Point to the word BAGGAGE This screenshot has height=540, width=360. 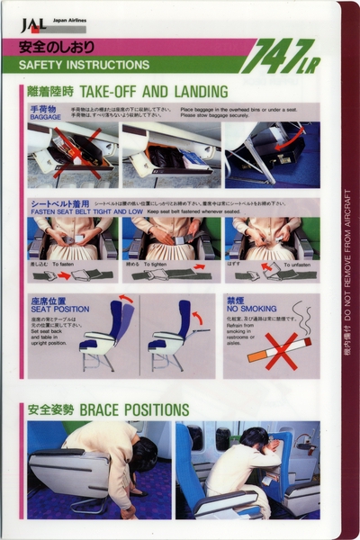pos(45,116)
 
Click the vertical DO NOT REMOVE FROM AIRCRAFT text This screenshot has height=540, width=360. pos(348,270)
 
